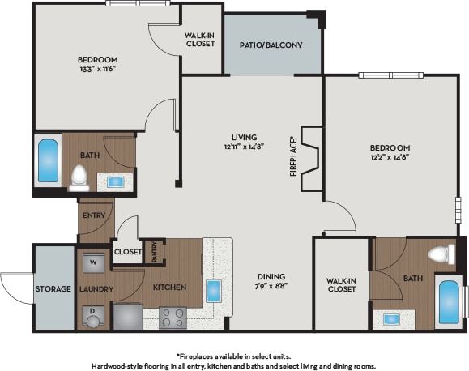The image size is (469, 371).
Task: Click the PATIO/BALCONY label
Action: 271,45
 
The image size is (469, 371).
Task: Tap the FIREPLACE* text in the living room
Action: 294,160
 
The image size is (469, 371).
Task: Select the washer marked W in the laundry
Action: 93,262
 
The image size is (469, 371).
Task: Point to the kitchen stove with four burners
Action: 173,317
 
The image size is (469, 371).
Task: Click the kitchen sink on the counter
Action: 214,290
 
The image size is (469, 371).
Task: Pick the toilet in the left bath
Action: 79,176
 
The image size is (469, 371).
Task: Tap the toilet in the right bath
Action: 440,254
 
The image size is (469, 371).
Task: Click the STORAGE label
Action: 53,288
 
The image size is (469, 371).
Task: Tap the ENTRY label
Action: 95,215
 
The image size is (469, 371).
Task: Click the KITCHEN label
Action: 170,288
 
